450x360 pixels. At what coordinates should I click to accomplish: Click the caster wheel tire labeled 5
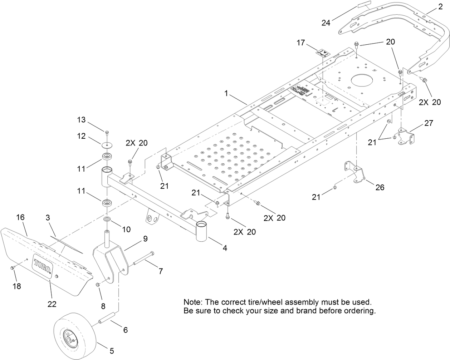coord(76,336)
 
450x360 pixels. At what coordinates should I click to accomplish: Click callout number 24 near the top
coord(326,23)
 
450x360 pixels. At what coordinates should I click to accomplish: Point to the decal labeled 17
coord(323,53)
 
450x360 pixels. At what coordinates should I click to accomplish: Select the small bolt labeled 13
coord(107,133)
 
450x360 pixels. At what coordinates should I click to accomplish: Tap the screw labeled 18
coord(13,268)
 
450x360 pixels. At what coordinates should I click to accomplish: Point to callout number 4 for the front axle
coord(225,247)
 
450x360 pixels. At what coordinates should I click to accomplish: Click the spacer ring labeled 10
coord(107,219)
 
